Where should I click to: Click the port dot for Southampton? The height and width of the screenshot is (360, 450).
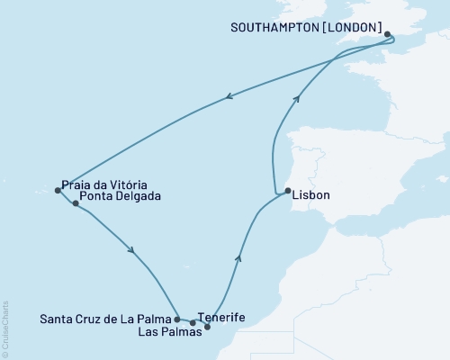click(388, 35)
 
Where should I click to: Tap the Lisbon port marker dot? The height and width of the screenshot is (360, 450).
click(287, 191)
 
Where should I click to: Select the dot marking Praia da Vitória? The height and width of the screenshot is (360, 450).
click(58, 190)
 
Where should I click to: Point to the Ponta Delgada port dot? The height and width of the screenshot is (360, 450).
click(76, 203)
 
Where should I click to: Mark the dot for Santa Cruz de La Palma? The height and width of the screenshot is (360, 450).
click(177, 319)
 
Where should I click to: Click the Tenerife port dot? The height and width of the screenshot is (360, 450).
click(193, 322)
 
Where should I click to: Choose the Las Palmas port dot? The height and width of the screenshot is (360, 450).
click(208, 327)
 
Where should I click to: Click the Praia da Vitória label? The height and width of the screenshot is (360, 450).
click(104, 182)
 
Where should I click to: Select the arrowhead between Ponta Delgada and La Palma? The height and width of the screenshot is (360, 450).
click(133, 251)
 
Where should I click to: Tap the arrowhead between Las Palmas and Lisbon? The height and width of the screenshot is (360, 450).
click(238, 257)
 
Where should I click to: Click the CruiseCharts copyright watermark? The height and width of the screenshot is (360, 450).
click(5, 328)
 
